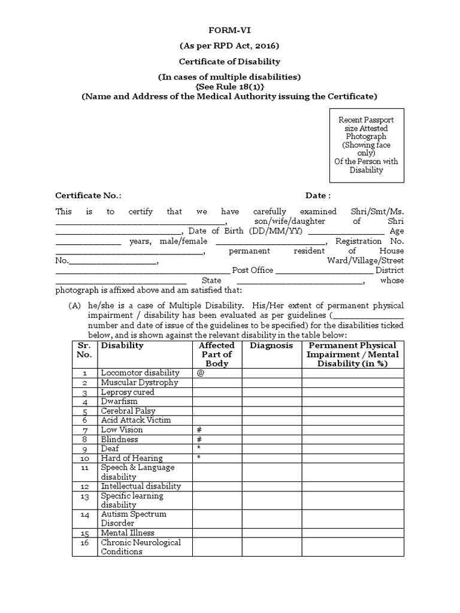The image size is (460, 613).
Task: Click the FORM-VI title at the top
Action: [230, 30]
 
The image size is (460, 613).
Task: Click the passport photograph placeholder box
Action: [368, 145]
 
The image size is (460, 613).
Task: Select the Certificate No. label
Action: [88, 196]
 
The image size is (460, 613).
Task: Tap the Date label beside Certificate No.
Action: [317, 196]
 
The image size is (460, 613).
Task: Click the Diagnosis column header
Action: [271, 346]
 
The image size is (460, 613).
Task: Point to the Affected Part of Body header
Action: [216, 354]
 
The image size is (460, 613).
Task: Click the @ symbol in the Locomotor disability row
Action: [200, 373]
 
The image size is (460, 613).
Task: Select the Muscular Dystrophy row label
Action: [139, 383]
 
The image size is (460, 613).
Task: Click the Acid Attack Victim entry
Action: [135, 420]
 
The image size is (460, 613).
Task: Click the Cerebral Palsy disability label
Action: [128, 411]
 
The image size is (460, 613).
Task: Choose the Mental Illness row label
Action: [128, 533]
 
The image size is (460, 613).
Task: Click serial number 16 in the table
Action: [84, 542]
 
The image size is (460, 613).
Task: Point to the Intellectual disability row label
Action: [141, 487]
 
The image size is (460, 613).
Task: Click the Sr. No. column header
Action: [84, 350]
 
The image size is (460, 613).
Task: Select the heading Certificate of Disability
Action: [230, 62]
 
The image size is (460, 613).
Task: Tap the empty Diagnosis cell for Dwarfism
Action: [271, 402]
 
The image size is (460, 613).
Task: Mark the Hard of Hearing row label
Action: [131, 459]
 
